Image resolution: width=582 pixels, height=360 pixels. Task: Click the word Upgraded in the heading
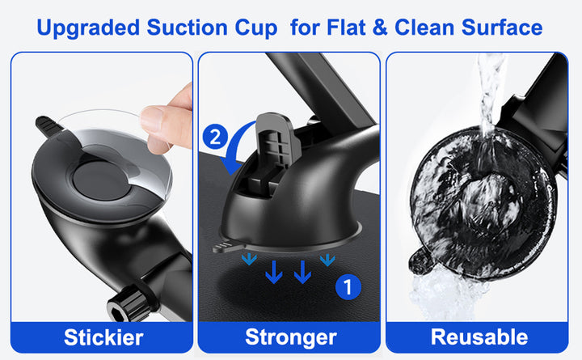88,28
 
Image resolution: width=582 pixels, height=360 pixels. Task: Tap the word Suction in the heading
187,28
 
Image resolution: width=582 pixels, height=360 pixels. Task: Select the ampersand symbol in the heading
380,28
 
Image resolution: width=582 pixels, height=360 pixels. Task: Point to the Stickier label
103,337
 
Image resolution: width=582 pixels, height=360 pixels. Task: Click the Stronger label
291,337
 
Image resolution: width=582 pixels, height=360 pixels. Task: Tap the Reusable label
479,337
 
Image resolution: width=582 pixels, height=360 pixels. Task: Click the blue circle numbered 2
215,137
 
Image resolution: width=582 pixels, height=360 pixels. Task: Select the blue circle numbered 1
348,287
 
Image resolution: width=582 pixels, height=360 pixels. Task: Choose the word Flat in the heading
346,28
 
